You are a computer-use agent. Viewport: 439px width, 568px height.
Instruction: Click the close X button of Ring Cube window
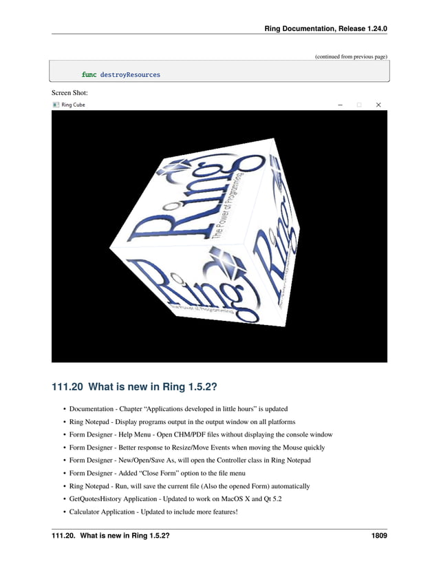pos(378,105)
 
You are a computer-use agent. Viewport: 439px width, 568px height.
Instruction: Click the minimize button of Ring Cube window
pos(340,105)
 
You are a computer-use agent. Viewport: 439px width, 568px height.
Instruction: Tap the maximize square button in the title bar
pos(358,105)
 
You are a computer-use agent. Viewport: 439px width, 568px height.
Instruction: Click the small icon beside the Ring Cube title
pos(56,105)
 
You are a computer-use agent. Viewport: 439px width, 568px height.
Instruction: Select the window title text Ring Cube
pos(74,105)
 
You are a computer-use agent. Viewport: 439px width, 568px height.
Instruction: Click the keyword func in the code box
pos(89,74)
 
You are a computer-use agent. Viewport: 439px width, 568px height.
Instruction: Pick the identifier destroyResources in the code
pos(130,74)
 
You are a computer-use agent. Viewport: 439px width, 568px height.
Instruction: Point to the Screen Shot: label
pos(69,92)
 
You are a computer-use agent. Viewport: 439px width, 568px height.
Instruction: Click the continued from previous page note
pos(351,56)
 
